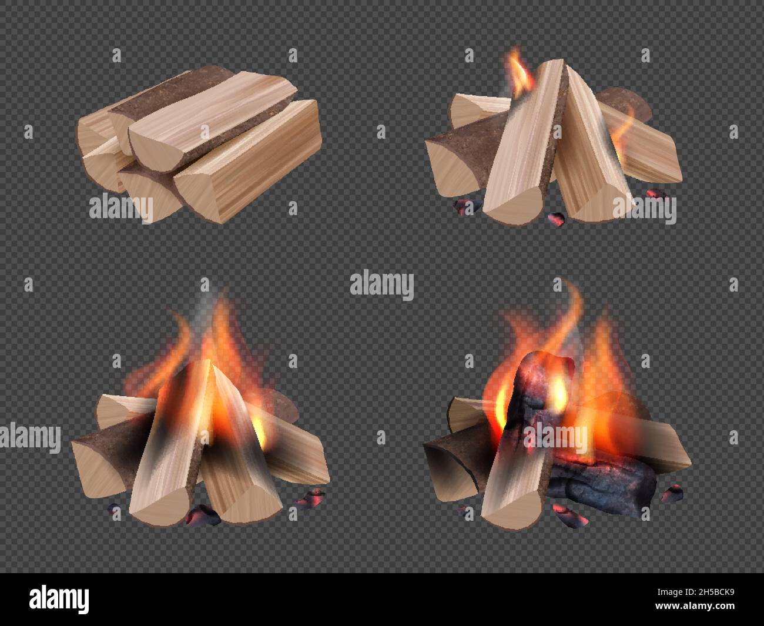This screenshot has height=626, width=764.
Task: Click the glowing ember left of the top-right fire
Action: pyautogui.click(x=464, y=206)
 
